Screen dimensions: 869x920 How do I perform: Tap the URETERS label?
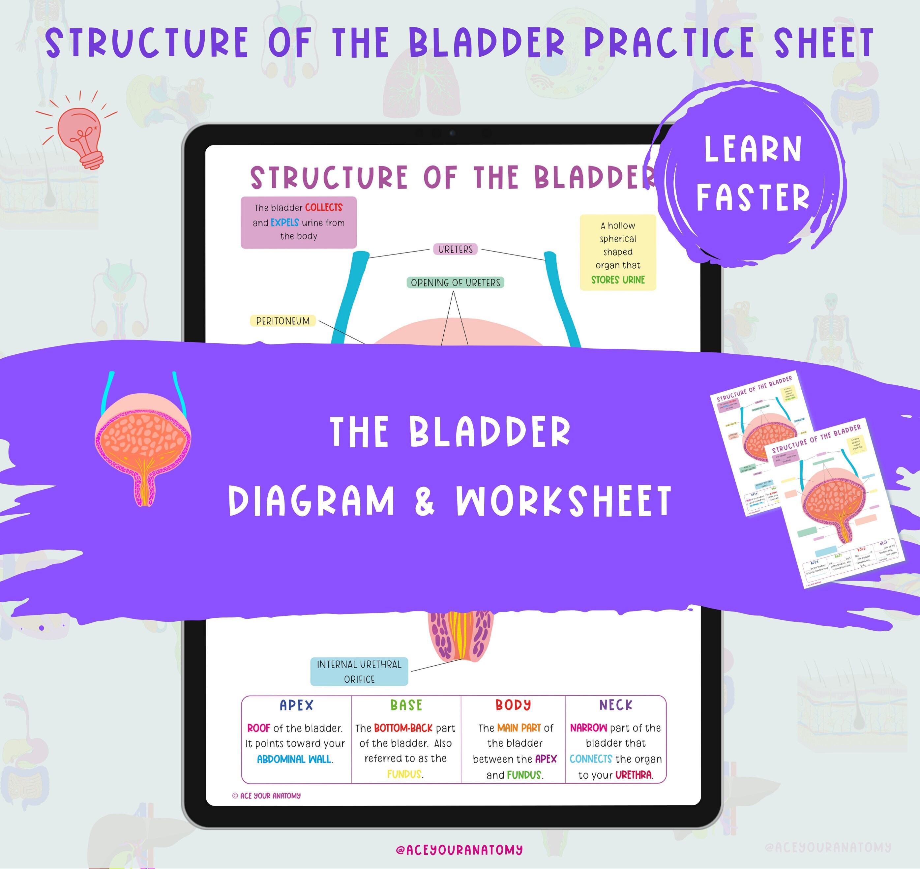(455, 249)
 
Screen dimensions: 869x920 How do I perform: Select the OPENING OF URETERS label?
(455, 283)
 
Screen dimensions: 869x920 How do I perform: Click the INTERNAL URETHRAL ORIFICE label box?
(359, 671)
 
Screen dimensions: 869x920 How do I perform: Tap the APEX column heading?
(296, 705)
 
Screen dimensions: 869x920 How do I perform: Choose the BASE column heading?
(406, 705)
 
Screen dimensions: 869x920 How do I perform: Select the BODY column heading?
(513, 705)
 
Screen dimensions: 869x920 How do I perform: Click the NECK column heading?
(616, 705)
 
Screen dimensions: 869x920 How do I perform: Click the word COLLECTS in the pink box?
(323, 207)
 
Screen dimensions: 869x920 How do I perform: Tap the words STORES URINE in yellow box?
(618, 280)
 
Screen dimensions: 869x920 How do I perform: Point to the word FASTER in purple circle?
(753, 197)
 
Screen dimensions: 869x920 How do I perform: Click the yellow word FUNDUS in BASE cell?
(404, 774)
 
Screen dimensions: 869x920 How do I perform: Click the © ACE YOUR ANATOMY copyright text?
(266, 796)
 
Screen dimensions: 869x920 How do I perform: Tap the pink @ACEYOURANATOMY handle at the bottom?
(459, 850)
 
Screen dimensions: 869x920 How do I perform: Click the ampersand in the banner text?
(425, 502)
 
